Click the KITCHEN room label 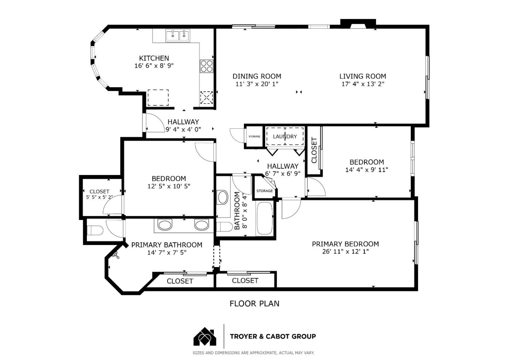[154, 58]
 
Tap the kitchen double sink [178, 35]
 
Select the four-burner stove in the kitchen [207, 66]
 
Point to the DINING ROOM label [257, 76]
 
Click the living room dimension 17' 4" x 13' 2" [363, 84]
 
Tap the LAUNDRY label [285, 137]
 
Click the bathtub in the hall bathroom [264, 218]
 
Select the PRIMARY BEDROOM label [345, 244]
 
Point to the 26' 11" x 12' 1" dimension [345, 252]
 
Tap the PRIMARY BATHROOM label [166, 245]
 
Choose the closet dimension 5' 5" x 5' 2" [99, 197]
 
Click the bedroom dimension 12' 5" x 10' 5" [169, 186]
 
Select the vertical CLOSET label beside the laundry [314, 150]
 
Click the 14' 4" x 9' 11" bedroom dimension [367, 170]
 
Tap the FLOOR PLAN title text [254, 303]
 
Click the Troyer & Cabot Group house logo [205, 337]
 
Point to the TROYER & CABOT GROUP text [273, 336]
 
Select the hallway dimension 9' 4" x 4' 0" [183, 129]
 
